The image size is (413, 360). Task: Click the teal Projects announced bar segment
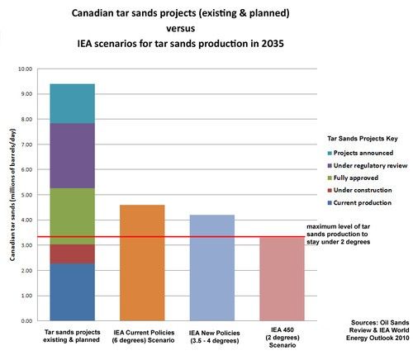pyautogui.click(x=73, y=103)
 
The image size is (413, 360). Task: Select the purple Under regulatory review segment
pyautogui.click(x=73, y=156)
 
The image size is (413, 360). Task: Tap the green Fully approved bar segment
pyautogui.click(x=73, y=216)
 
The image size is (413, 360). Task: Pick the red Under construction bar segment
pyautogui.click(x=73, y=254)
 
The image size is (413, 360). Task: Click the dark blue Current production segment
pyautogui.click(x=73, y=292)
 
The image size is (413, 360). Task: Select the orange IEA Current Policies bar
pyautogui.click(x=142, y=263)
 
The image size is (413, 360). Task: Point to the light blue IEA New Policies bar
pyautogui.click(x=212, y=268)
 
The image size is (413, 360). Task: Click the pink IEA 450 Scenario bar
pyautogui.click(x=282, y=279)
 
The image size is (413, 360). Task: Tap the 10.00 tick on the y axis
pyautogui.click(x=26, y=69)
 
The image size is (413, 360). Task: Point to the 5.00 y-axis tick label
pyautogui.click(x=26, y=195)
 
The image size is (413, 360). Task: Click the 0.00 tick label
pyautogui.click(x=26, y=321)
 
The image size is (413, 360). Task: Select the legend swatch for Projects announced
pyautogui.click(x=330, y=154)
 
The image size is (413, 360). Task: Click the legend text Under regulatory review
pyautogui.click(x=370, y=166)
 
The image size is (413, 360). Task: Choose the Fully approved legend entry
pyautogui.click(x=353, y=178)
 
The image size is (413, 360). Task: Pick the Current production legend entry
pyautogui.click(x=359, y=203)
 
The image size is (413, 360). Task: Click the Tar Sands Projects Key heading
pyautogui.click(x=363, y=139)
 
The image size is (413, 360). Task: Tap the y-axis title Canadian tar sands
pyautogui.click(x=12, y=195)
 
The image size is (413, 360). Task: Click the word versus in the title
pyautogui.click(x=181, y=28)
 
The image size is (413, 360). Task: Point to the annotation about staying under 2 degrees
pyautogui.click(x=339, y=234)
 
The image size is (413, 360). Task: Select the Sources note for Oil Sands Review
pyautogui.click(x=377, y=330)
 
